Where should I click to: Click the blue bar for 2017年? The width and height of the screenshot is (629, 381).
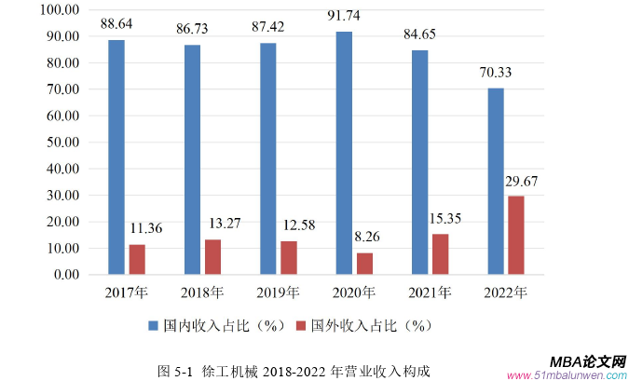(x=116, y=157)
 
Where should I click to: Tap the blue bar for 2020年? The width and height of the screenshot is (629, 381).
(x=344, y=154)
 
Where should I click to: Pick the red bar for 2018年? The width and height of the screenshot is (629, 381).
(x=213, y=257)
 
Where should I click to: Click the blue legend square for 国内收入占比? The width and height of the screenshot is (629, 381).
(x=155, y=327)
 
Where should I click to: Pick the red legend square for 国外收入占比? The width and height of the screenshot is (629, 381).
(x=302, y=327)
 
